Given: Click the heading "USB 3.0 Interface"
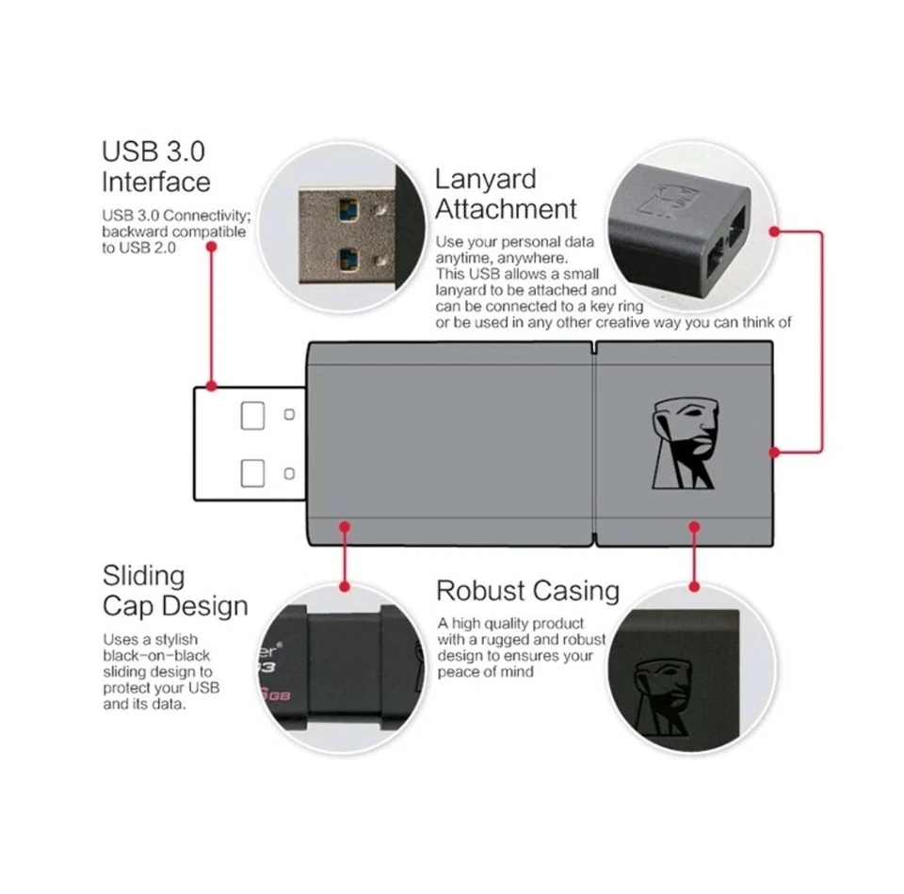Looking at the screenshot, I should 155,166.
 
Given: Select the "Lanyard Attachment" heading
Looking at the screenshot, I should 506,194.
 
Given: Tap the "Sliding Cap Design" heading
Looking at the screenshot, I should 175,590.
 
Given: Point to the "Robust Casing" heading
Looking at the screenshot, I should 527,591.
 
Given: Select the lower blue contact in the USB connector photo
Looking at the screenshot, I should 347,255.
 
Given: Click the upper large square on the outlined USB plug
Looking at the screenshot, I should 252,415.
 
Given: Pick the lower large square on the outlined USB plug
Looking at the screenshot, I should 252,472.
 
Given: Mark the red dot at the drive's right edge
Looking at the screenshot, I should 774,452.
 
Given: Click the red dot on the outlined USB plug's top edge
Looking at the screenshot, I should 212,385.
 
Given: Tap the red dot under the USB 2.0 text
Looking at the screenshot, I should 212,247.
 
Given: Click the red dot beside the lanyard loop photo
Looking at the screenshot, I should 774,230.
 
